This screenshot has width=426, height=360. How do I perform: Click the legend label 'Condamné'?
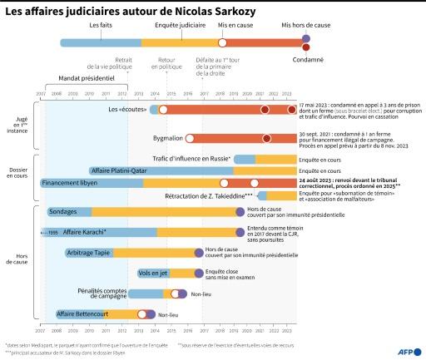[x=307, y=59]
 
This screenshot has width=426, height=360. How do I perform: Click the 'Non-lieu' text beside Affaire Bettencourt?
[x=169, y=315]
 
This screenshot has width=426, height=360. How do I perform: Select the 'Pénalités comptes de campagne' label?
[x=102, y=293]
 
